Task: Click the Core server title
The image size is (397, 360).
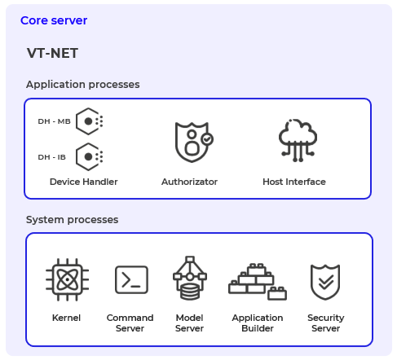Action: [x=54, y=20]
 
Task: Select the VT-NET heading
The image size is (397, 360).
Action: [x=52, y=54]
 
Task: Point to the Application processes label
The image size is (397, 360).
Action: [x=82, y=84]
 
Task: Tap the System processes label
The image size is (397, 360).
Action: [x=72, y=219]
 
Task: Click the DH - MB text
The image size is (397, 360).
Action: [x=54, y=121]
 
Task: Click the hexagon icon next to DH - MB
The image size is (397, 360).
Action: [x=88, y=121]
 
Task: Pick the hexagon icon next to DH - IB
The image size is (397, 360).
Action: [x=88, y=156]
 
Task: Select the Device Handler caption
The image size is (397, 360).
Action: [x=83, y=182]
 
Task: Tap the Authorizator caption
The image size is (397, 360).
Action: [x=189, y=182]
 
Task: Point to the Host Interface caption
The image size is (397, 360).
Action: [x=293, y=182]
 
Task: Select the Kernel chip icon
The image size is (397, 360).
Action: [x=66, y=281]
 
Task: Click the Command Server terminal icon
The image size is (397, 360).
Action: [x=130, y=281]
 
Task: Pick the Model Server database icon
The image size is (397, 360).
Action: [x=189, y=279]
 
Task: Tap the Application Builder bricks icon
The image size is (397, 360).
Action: [x=257, y=281]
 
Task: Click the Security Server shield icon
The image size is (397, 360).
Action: [x=325, y=282]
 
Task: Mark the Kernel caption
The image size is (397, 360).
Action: [x=66, y=318]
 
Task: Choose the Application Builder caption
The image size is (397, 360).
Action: [x=257, y=323]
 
